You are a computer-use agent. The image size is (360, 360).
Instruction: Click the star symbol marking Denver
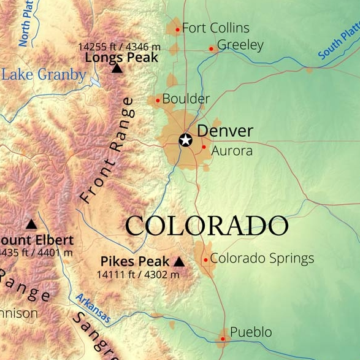(185, 140)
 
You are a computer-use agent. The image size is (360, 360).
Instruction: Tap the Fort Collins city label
(216, 28)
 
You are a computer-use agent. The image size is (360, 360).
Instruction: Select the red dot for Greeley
(211, 48)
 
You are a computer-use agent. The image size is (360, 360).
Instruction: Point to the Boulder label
(186, 99)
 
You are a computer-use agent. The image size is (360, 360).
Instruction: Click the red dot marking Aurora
(204, 147)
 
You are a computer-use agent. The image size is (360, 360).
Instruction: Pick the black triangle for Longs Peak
(117, 68)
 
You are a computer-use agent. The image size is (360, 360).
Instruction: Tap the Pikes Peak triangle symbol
(178, 262)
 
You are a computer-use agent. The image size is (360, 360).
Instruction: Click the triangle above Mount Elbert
(31, 224)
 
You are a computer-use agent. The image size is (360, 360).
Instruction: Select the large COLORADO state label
(207, 226)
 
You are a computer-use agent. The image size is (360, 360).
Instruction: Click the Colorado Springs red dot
(205, 259)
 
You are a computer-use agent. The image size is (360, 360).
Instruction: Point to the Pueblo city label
(251, 332)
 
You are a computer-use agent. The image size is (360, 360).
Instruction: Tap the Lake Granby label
(44, 75)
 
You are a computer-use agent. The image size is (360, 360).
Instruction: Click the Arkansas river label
(93, 308)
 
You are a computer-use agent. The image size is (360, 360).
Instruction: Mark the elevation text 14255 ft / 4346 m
(119, 46)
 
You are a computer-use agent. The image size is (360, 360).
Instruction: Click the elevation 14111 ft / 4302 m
(137, 275)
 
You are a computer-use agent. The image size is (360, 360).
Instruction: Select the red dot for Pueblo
(223, 338)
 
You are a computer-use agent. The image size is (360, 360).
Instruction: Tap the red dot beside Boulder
(158, 100)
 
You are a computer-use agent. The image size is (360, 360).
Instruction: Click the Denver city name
(225, 131)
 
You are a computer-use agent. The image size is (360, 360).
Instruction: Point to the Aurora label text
(232, 151)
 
